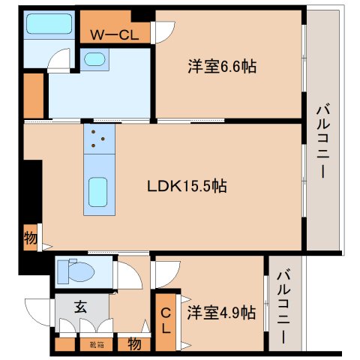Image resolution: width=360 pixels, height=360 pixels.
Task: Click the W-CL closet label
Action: click(115, 34)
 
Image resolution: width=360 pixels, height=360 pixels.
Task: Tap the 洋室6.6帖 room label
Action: click(222, 67)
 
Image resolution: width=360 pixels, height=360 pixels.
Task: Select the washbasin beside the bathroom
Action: click(94, 59)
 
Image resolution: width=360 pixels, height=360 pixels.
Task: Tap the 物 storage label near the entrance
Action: click(133, 344)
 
